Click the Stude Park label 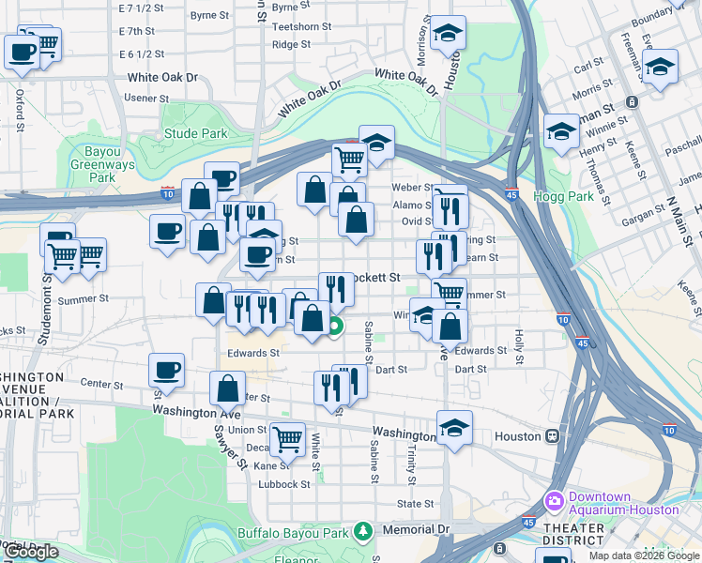point(195,133)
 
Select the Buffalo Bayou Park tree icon point(362,533)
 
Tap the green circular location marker point(335,327)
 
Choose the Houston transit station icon point(554,435)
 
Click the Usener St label point(145,98)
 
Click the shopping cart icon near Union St point(287,437)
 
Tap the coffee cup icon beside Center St point(167,369)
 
